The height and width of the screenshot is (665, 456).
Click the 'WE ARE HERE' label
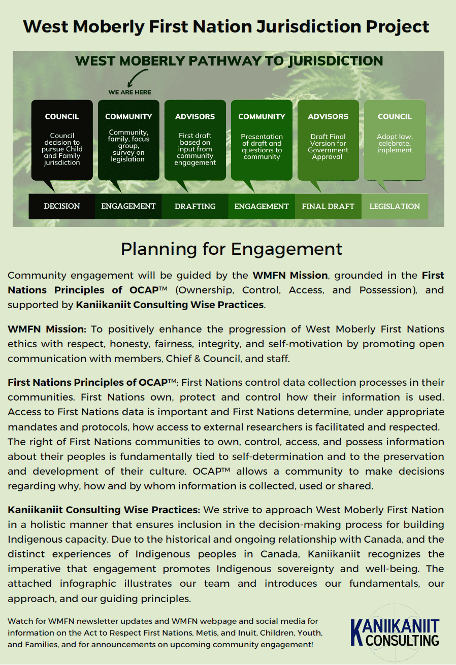click(x=129, y=92)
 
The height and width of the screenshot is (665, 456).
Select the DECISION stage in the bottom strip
click(x=62, y=206)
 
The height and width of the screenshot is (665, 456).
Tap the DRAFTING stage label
click(x=195, y=206)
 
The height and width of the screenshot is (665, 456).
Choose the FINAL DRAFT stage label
click(x=328, y=207)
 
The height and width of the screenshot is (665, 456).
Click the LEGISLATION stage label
click(x=395, y=207)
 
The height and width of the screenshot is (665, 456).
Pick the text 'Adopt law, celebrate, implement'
click(x=395, y=143)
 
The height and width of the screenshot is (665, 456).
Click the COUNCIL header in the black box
click(x=62, y=117)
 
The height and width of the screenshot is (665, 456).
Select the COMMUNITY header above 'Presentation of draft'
click(x=262, y=117)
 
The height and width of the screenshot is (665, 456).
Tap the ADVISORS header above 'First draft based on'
click(x=195, y=117)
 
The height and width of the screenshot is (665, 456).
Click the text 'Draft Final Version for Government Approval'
click(x=328, y=147)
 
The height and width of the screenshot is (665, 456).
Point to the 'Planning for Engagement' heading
click(x=232, y=249)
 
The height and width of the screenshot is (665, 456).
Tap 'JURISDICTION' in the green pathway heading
click(x=336, y=61)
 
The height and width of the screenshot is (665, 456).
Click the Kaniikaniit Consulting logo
click(x=395, y=631)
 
